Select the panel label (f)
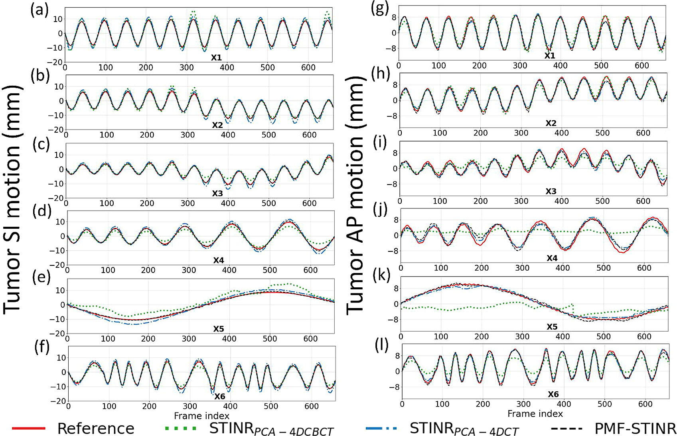coord(41,348)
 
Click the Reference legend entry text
coord(96,428)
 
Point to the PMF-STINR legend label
coord(635,428)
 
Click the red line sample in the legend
coord(29,428)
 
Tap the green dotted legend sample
coord(181,428)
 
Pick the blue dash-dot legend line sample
coord(381,428)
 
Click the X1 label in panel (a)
coord(216,58)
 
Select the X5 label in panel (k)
coord(552,327)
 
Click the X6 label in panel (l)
coord(553,394)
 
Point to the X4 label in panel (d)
coord(218,261)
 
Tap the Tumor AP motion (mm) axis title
coord(355,195)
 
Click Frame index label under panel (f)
coord(201,416)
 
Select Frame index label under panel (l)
coord(535,414)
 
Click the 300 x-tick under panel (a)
coord(186,67)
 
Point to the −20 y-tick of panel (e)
coord(57,334)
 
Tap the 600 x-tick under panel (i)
coord(643,201)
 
